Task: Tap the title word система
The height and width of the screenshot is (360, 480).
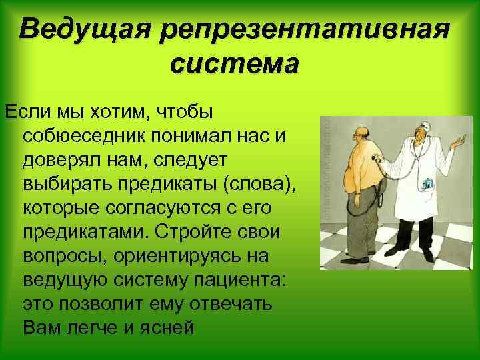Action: point(235,65)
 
